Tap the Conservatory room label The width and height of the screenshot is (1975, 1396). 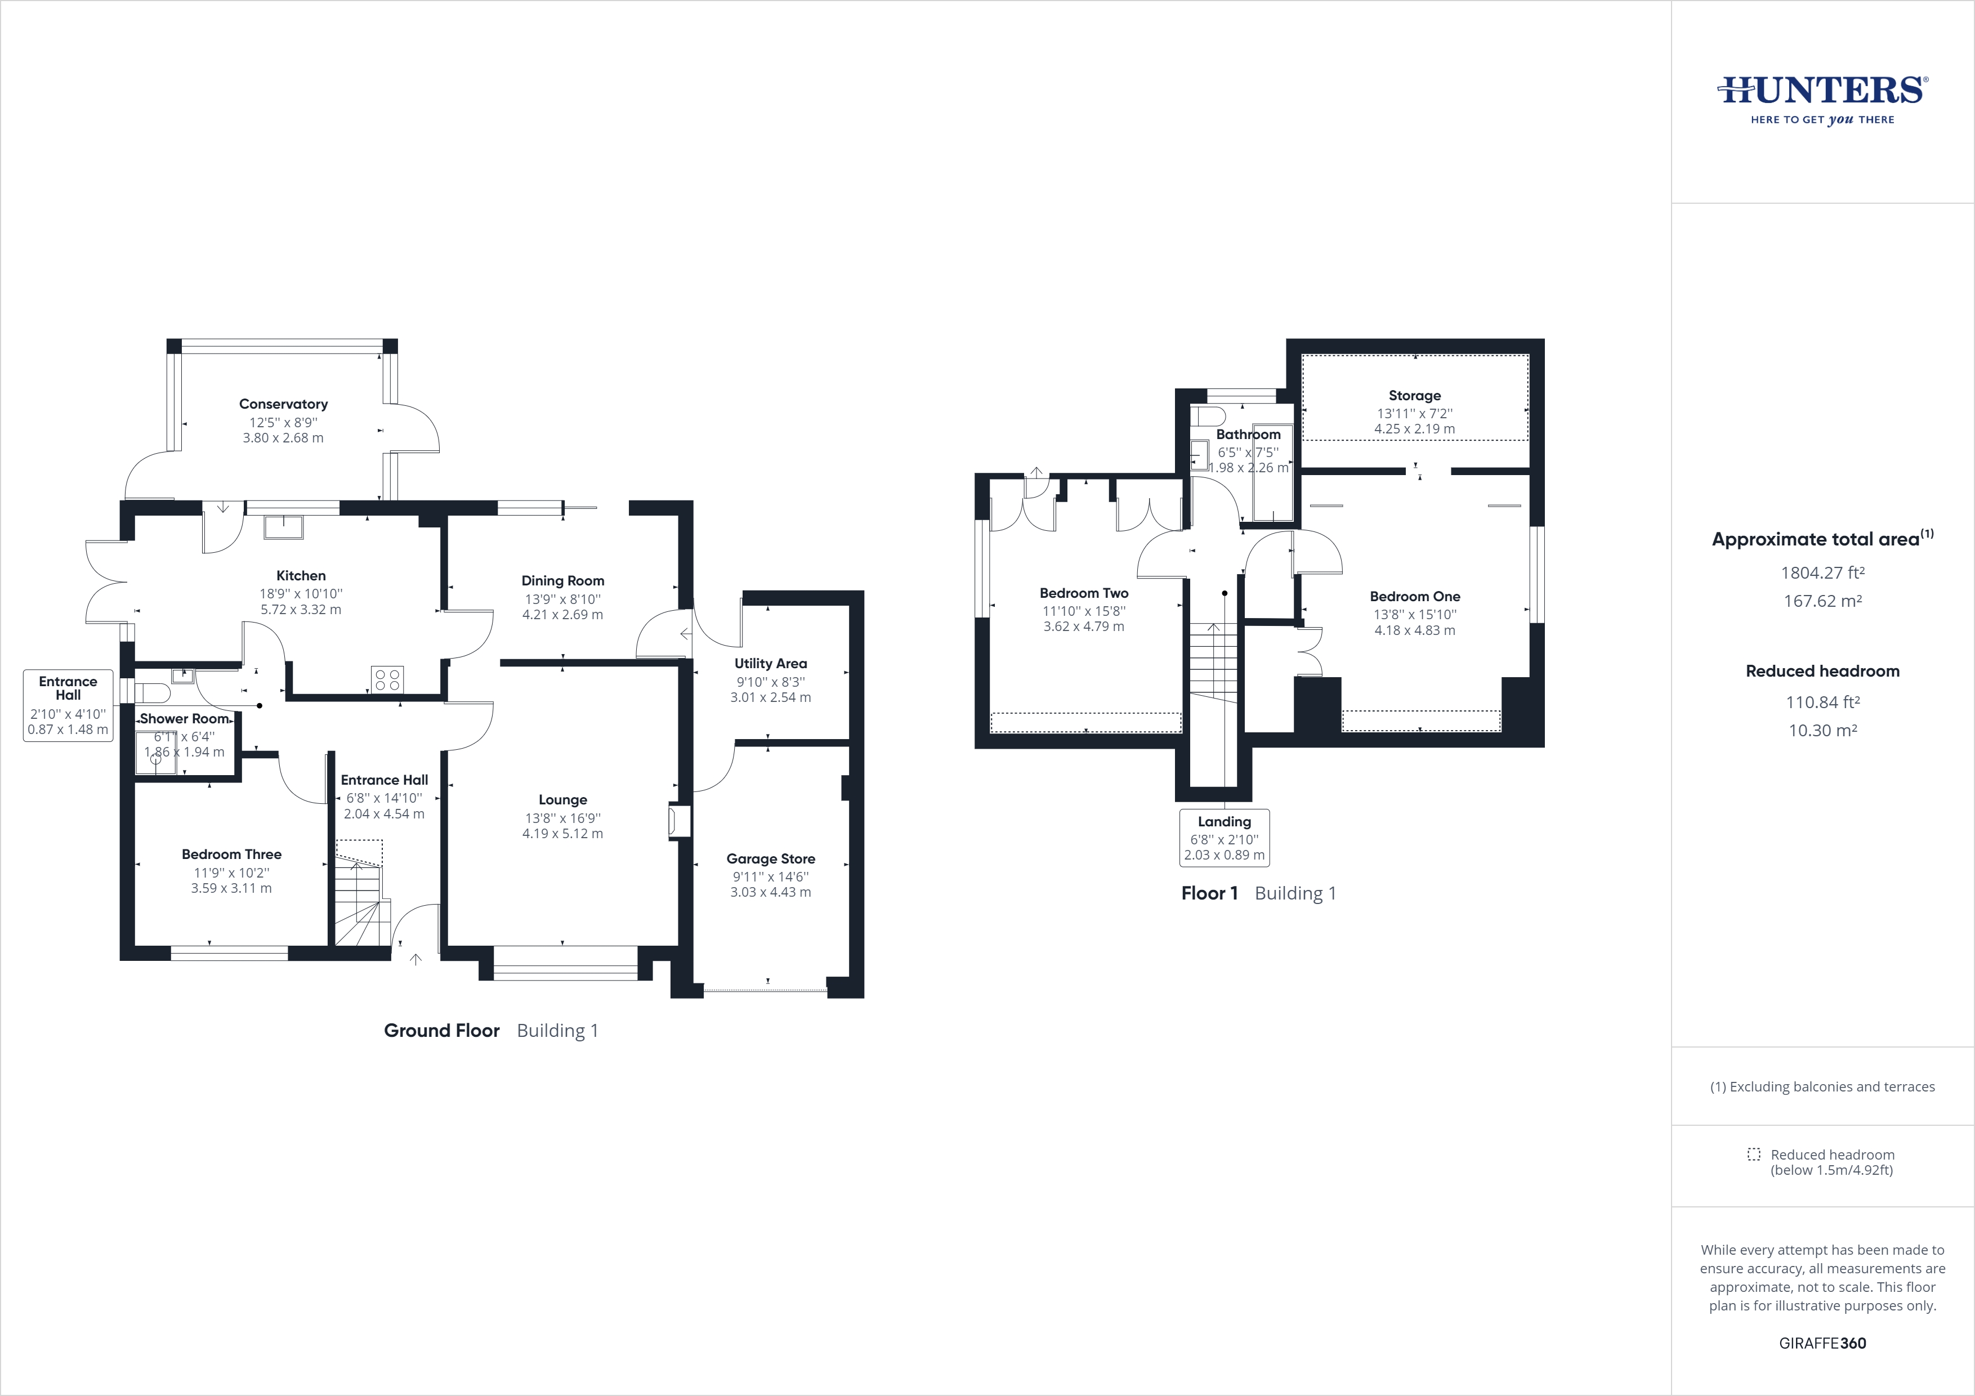[x=283, y=404]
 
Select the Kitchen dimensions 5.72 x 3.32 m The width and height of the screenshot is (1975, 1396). [x=300, y=610]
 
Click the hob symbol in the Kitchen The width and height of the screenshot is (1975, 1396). [x=388, y=679]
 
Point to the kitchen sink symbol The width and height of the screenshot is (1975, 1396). [x=283, y=526]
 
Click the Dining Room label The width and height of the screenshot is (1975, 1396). [x=562, y=580]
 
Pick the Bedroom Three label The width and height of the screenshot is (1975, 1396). [x=231, y=854]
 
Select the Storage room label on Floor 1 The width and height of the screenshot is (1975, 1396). [x=1414, y=396]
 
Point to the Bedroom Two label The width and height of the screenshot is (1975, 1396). [x=1084, y=593]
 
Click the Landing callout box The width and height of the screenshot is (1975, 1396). [x=1224, y=838]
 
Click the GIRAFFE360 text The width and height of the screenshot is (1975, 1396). [x=1822, y=1343]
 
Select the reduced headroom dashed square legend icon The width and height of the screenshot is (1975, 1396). [x=1754, y=1155]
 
